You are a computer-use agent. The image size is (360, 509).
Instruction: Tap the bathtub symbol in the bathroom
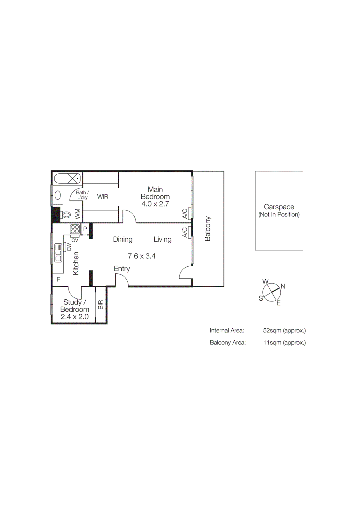pyautogui.click(x=67, y=178)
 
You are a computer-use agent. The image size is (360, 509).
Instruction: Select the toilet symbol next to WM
pyautogui.click(x=66, y=215)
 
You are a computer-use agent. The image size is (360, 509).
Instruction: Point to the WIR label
pyautogui.click(x=102, y=197)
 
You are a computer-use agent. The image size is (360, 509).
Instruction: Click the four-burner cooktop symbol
pyautogui.click(x=75, y=229)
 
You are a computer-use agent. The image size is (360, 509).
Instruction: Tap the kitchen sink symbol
pyautogui.click(x=58, y=253)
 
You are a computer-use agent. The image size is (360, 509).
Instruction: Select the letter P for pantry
pyautogui.click(x=85, y=229)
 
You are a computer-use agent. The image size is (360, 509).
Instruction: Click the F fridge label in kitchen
pyautogui.click(x=59, y=279)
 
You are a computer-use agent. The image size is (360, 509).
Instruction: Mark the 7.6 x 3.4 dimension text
pyautogui.click(x=142, y=256)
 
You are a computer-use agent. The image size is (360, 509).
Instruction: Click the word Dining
pyautogui.click(x=123, y=239)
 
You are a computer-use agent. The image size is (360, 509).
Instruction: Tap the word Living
pyautogui.click(x=162, y=239)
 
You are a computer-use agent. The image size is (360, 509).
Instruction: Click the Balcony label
pyautogui.click(x=208, y=228)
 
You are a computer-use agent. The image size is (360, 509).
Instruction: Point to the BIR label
pyautogui.click(x=101, y=305)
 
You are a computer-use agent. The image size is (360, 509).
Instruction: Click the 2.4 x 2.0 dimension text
pyautogui.click(x=74, y=317)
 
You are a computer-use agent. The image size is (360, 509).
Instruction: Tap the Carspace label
pyautogui.click(x=279, y=207)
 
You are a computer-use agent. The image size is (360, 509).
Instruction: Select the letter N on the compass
pyautogui.click(x=283, y=286)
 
